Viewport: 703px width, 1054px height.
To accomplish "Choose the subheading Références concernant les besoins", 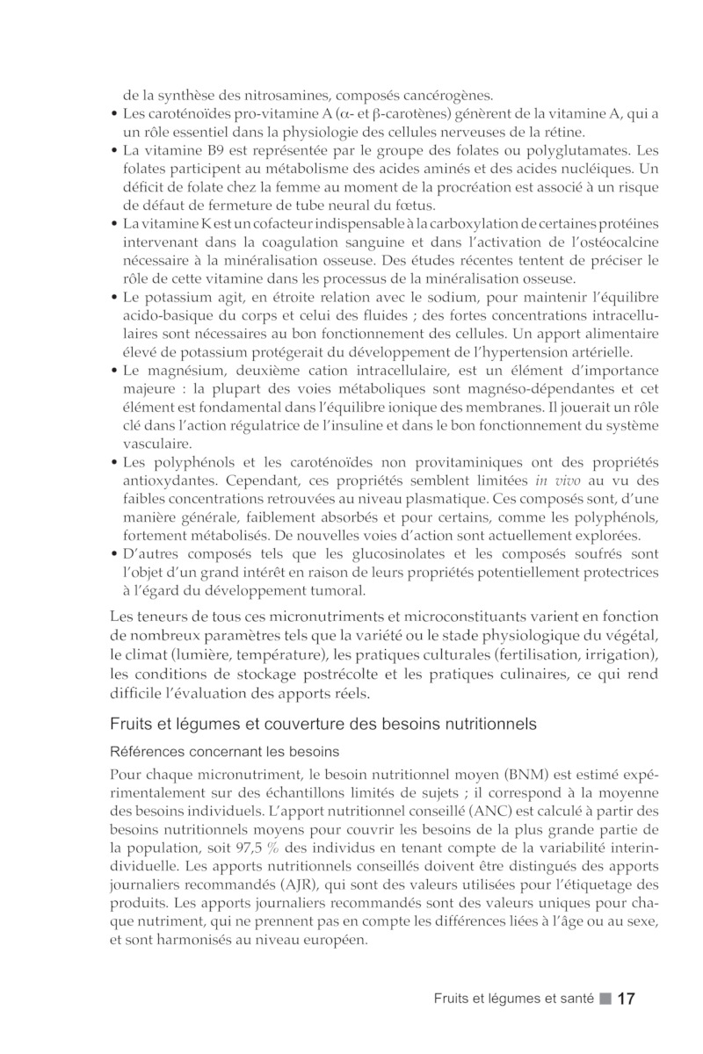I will [224, 753].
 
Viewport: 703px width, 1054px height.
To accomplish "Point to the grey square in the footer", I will [605, 999].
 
